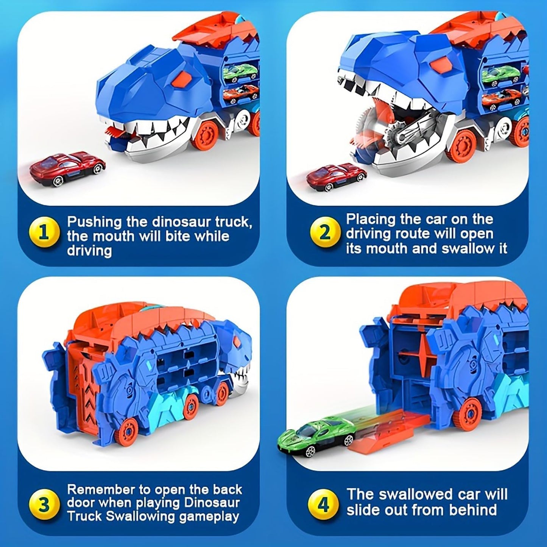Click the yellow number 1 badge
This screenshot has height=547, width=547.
44,232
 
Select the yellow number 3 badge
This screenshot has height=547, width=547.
44,505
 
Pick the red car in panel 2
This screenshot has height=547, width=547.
336,175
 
